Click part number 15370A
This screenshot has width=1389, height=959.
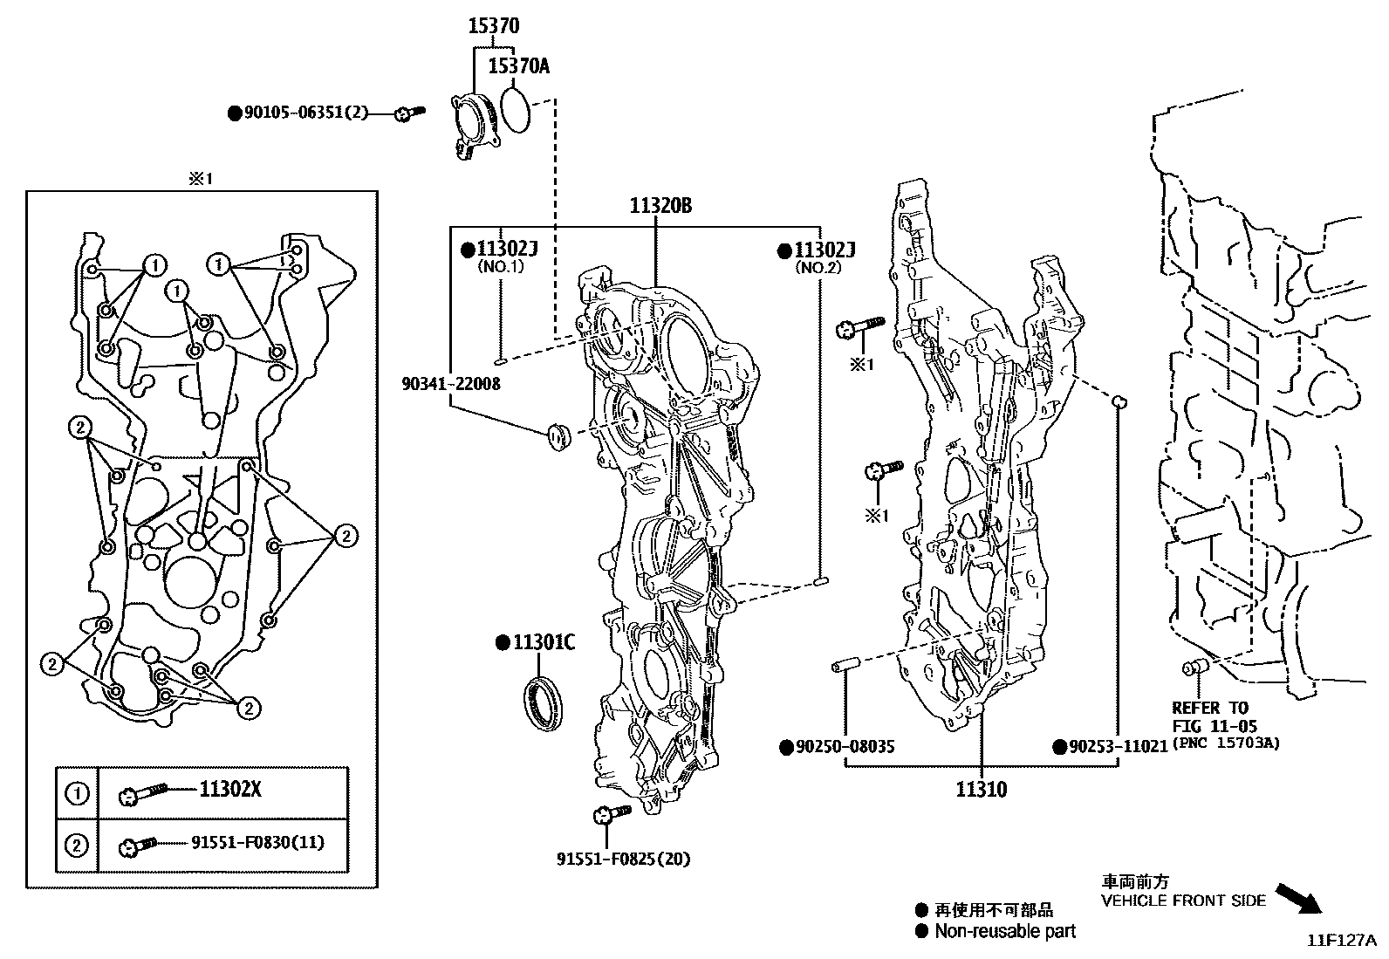(518, 65)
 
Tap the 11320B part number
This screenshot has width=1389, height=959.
(661, 207)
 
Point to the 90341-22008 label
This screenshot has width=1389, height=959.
(451, 384)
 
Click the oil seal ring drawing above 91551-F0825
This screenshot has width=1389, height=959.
(542, 698)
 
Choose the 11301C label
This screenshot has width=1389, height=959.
(544, 643)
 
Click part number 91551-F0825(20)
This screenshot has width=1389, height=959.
(623, 859)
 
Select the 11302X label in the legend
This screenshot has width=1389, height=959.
(230, 791)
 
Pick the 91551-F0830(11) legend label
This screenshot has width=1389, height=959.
(258, 843)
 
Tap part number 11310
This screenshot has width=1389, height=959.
(981, 791)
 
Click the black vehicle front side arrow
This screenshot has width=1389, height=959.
(1298, 897)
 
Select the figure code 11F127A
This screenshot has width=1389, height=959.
(1341, 941)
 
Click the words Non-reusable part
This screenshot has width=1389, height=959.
(1005, 931)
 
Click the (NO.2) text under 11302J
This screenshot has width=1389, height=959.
(818, 268)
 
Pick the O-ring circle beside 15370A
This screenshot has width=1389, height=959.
(517, 109)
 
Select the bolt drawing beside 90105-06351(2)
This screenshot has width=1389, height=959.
(408, 113)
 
